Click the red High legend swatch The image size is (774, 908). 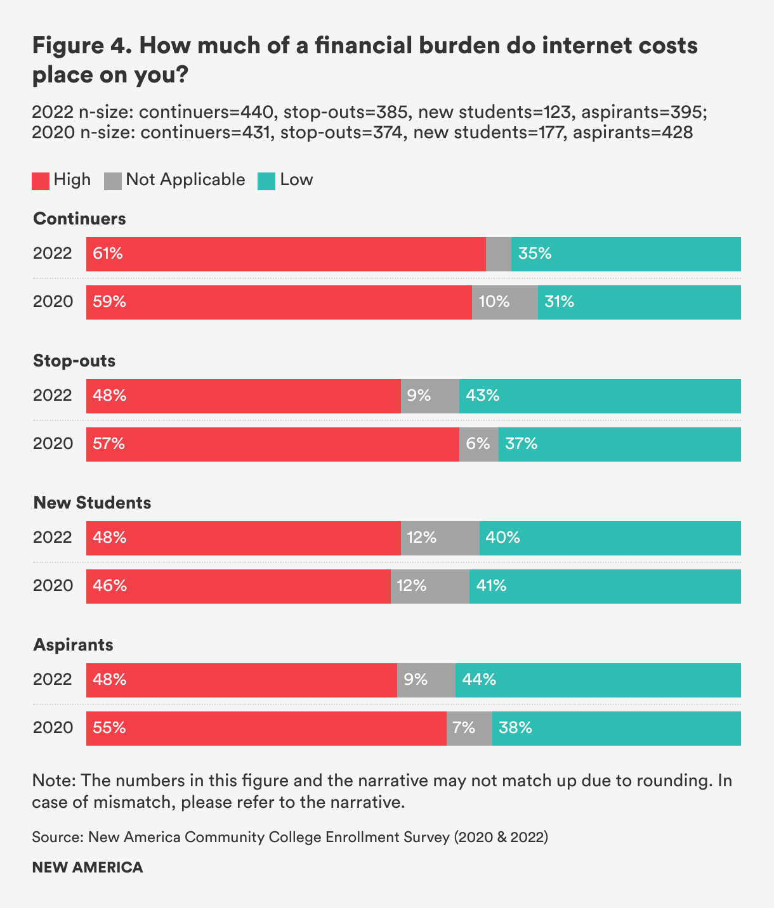click(41, 181)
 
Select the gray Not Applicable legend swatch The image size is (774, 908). click(112, 181)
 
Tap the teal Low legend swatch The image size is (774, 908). click(266, 181)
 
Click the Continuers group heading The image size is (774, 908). click(79, 219)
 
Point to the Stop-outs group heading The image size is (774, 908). click(74, 361)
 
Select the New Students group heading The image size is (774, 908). click(92, 503)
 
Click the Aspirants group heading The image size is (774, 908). click(73, 645)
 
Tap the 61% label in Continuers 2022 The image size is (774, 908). click(108, 254)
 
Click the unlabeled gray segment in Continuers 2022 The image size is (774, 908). click(499, 254)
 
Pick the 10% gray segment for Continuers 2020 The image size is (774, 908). click(505, 302)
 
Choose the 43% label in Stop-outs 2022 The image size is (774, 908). click(483, 396)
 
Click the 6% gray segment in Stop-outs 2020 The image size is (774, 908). click(479, 444)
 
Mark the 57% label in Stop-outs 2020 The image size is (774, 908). click(109, 444)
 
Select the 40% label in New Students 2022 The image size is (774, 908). click(503, 538)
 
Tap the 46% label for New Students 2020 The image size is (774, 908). click(110, 587)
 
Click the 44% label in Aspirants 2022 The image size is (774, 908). click(479, 680)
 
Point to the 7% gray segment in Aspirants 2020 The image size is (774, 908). click(469, 729)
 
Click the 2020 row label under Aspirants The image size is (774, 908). click(53, 728)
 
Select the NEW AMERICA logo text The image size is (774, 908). click(88, 867)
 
